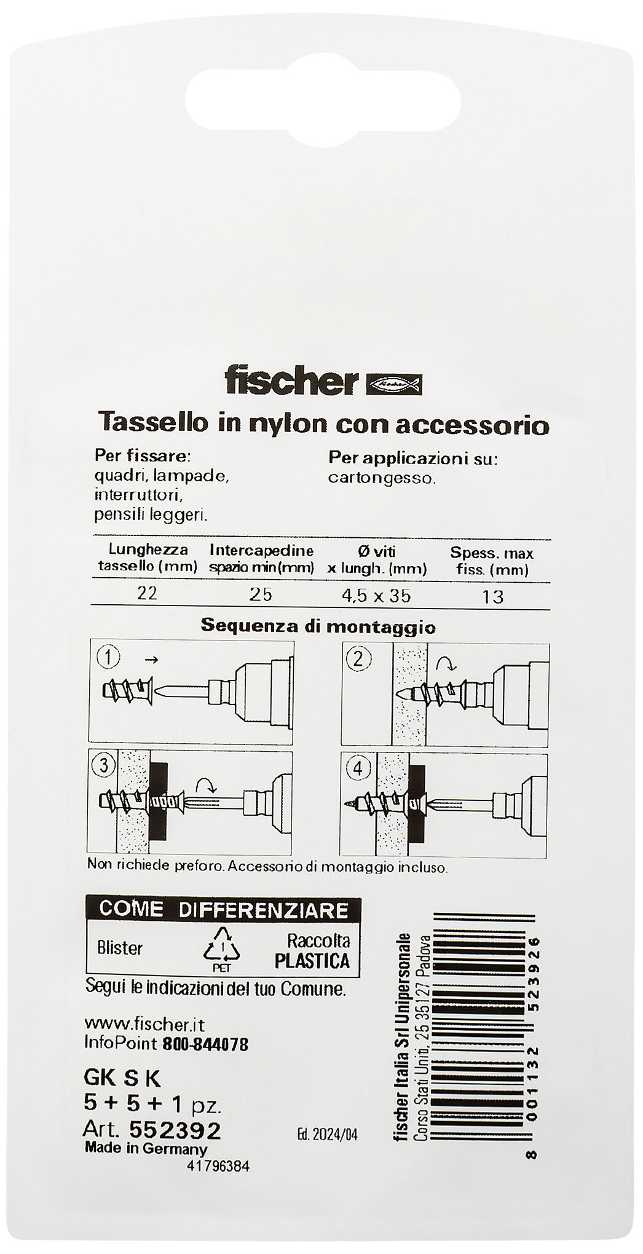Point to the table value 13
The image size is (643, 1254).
point(493,596)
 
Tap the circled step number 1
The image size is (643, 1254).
point(108,658)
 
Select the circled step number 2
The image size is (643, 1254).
point(359,660)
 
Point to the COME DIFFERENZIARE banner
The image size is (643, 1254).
point(223,909)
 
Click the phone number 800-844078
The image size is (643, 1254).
point(205,1044)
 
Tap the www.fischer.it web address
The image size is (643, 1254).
point(144,1025)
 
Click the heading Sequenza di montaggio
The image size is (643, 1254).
point(318,627)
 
